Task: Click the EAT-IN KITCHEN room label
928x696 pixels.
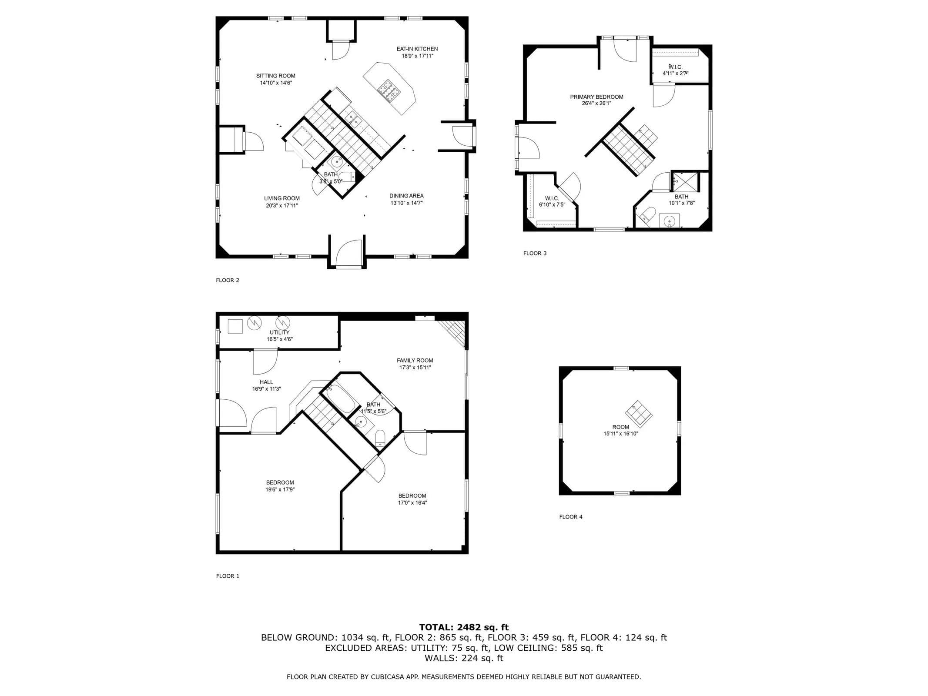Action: click(x=417, y=49)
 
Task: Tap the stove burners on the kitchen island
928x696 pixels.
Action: click(x=389, y=90)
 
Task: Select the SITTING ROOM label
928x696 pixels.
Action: click(x=275, y=76)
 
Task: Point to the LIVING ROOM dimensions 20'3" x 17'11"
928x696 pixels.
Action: click(x=282, y=205)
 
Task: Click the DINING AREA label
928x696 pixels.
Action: click(x=406, y=196)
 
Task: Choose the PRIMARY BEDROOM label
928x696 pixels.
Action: click(x=596, y=97)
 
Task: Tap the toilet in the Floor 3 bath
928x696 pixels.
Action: click(x=647, y=215)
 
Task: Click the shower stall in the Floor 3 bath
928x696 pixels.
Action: click(x=686, y=182)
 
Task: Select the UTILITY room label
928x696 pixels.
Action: click(x=279, y=332)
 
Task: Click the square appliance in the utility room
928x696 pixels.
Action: click(x=235, y=326)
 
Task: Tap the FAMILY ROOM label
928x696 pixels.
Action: click(x=415, y=361)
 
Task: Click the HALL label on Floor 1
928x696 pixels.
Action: click(x=266, y=382)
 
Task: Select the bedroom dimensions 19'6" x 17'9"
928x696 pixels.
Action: click(x=280, y=489)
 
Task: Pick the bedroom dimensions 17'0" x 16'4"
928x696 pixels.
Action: click(x=412, y=502)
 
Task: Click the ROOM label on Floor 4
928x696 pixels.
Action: click(x=620, y=427)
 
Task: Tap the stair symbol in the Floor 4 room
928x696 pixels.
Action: click(x=639, y=414)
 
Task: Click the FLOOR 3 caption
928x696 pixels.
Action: click(x=535, y=253)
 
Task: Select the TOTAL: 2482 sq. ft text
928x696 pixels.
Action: click(x=464, y=627)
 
